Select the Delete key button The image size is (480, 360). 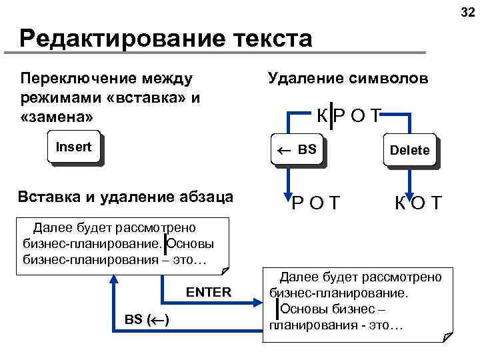click(x=410, y=151)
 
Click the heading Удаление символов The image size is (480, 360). click(x=348, y=79)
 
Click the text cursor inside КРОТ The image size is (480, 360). click(x=331, y=116)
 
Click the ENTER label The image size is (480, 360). click(x=208, y=293)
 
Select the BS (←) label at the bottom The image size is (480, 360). click(x=146, y=319)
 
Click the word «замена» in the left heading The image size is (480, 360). click(x=57, y=116)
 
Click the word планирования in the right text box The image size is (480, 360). click(x=303, y=325)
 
